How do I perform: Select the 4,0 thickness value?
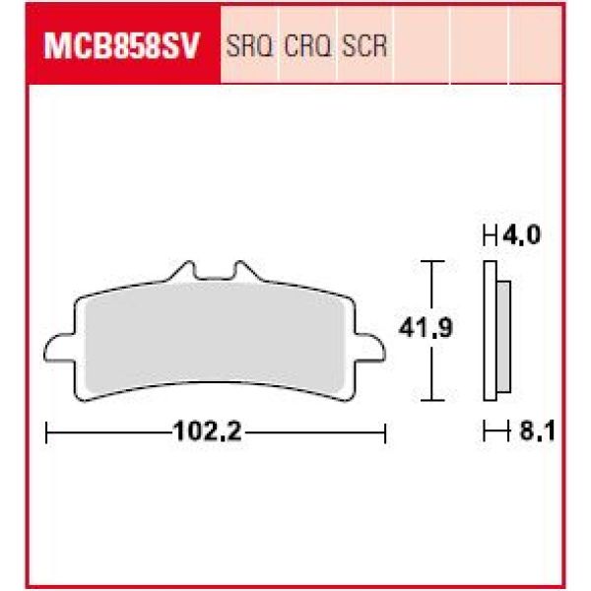point(521,237)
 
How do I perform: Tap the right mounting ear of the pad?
point(370,346)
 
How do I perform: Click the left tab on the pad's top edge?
point(182,268)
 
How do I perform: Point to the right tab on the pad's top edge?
point(238,268)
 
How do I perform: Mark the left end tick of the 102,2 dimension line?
point(47,430)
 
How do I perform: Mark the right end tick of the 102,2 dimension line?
point(385,430)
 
